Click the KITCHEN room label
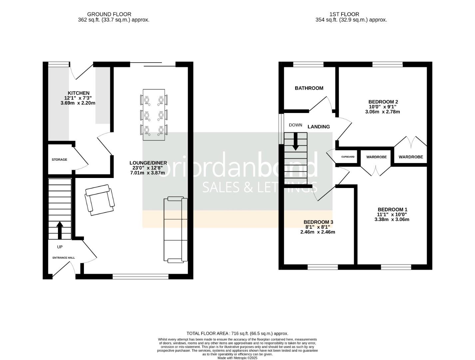pos(79,93)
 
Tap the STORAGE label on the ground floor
pos(59,160)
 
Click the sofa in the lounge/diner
pos(175,229)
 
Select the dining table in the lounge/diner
pos(154,115)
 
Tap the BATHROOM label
pos(309,88)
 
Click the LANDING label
pos(318,127)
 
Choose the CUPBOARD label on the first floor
pos(348,157)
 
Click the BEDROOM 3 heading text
pos(318,222)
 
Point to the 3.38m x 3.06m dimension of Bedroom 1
pos(392,219)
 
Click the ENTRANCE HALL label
pos(64,258)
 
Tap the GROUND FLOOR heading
pos(109,14)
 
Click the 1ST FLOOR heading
pos(344,14)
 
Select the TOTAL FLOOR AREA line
pos(237,333)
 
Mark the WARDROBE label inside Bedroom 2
pos(410,157)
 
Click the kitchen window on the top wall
pos(59,64)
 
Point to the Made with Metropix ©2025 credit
pos(237,358)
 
